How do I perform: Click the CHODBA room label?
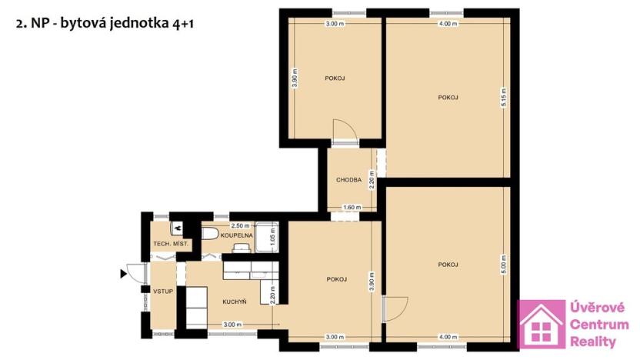click(348, 180)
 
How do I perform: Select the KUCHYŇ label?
click(234, 302)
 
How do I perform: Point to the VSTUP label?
click(162, 292)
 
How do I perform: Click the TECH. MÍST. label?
click(171, 244)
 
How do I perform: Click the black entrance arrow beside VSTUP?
click(124, 272)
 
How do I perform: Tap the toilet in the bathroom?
click(210, 234)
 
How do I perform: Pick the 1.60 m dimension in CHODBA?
click(351, 207)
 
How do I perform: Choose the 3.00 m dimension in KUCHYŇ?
click(232, 325)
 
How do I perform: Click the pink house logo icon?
click(542, 325)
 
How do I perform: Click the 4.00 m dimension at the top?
click(447, 24)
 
